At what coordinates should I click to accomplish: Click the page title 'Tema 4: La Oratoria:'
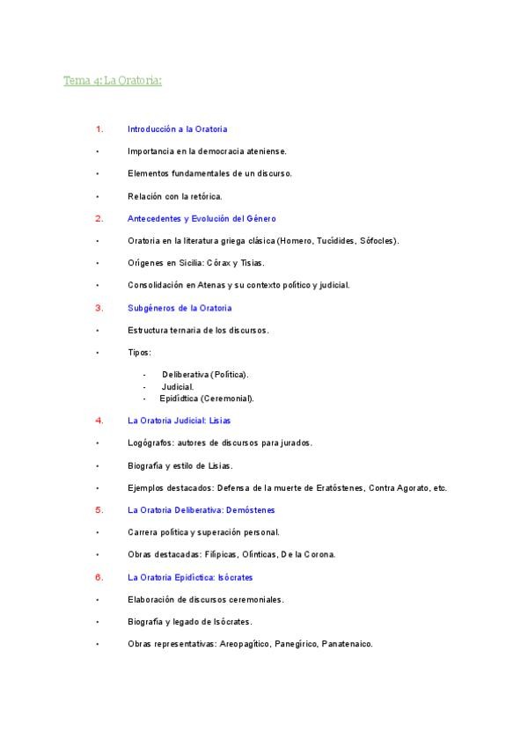coord(113,81)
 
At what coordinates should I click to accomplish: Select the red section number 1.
coord(99,128)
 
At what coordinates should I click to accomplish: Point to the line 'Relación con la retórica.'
coord(175,196)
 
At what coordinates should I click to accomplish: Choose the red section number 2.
coord(99,218)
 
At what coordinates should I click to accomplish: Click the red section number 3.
coord(99,308)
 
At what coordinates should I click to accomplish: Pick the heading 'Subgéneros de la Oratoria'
coord(180,308)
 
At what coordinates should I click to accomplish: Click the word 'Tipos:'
coord(139,352)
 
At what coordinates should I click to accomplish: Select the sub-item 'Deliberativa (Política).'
coord(205,374)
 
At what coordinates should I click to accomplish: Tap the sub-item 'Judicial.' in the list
coord(178,386)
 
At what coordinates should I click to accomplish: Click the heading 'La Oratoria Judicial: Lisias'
coord(180,421)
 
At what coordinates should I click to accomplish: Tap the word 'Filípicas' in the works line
coord(222,554)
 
